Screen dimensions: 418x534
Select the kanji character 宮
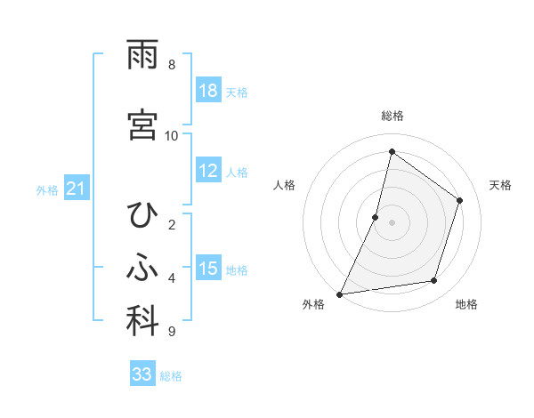143,124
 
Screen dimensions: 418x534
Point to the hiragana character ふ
143,269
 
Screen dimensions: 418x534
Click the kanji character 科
143,321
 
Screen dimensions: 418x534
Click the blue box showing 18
208,91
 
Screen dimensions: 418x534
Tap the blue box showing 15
208,269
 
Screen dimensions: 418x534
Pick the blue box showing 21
77,189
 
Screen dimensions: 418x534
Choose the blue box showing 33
142,374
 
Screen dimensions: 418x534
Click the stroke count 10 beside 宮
172,135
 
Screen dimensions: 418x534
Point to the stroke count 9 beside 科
172,332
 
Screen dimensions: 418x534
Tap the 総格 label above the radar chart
392,116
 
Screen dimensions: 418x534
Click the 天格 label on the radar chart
500,185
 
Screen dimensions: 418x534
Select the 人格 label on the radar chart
284,185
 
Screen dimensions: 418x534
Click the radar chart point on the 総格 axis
392,151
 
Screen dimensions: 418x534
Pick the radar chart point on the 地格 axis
434,281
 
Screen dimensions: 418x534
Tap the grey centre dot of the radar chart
392,222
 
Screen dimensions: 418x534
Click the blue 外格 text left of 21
47,189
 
